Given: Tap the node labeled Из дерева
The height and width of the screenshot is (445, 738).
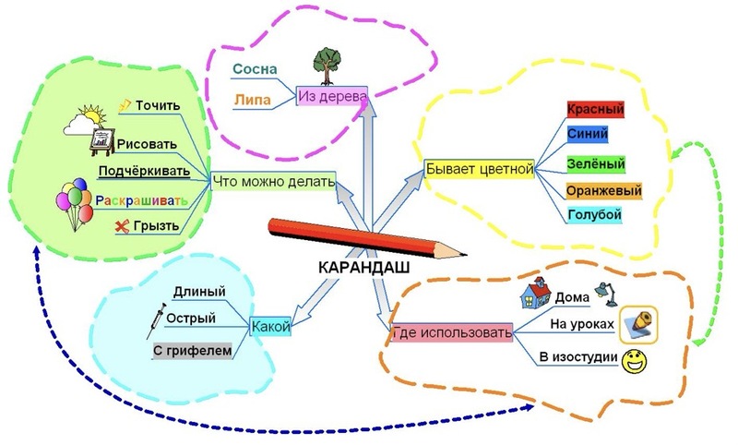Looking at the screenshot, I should pos(331,96).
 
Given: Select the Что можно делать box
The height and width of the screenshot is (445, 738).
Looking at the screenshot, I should pos(273,182).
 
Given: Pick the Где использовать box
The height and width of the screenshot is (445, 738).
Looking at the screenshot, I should pos(451,332).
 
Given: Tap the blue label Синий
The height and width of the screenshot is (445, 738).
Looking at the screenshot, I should pos(588,136).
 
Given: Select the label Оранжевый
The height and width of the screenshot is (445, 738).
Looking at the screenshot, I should pos(603,191).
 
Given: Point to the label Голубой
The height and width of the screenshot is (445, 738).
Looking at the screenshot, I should pos(595,216).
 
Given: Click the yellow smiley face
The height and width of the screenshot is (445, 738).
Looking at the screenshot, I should pos(634,359).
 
